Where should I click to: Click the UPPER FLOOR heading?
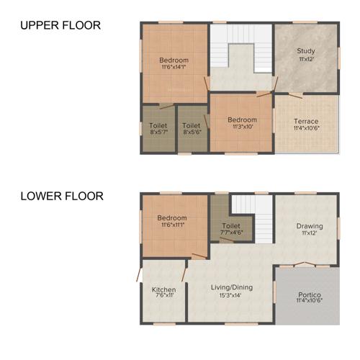(x=60, y=25)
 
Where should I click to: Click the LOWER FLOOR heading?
(x=62, y=195)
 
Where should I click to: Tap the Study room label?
(x=306, y=51)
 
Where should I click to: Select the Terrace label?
(x=306, y=121)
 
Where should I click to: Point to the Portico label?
(x=309, y=294)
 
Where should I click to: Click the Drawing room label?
(x=310, y=226)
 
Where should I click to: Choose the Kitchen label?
(x=163, y=289)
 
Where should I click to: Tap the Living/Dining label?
(x=231, y=287)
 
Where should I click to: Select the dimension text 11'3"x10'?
(x=242, y=127)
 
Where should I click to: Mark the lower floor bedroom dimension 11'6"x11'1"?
(x=173, y=225)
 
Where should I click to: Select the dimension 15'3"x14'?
(x=231, y=295)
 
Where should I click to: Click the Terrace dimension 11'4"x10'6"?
(x=306, y=128)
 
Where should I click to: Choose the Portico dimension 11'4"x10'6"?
(x=309, y=302)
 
